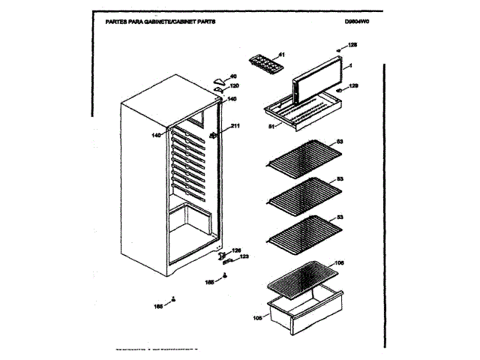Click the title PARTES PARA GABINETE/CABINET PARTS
click(x=154, y=23)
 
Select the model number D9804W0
click(x=358, y=23)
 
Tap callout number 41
click(x=282, y=55)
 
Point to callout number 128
click(x=352, y=46)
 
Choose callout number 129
click(x=353, y=86)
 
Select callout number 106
click(x=339, y=262)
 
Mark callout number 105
click(x=257, y=317)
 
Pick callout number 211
click(x=234, y=125)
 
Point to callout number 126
click(x=236, y=250)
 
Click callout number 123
click(x=244, y=257)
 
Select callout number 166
click(x=210, y=282)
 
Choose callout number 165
click(x=158, y=306)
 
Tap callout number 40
click(x=232, y=76)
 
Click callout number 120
click(x=234, y=85)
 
